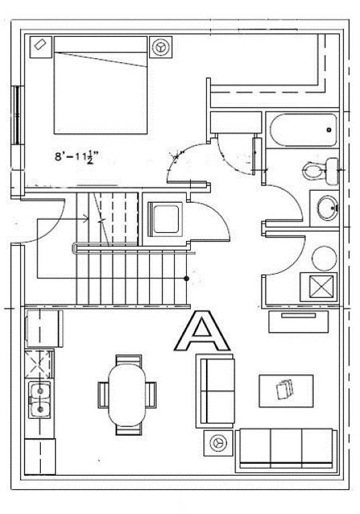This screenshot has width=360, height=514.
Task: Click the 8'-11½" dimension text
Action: click(x=77, y=157)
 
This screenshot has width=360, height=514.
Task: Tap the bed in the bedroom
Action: click(x=100, y=85)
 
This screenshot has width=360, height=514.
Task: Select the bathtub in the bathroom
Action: click(x=304, y=130)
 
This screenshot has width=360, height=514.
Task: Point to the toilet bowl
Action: click(x=312, y=171)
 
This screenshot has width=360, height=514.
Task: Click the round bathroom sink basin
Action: click(x=327, y=208)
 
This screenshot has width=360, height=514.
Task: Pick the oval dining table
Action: click(x=127, y=396)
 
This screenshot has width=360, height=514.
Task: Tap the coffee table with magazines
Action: click(x=286, y=391)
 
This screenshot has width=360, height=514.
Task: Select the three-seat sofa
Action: click(x=286, y=450)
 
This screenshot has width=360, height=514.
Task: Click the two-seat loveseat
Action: click(x=215, y=391)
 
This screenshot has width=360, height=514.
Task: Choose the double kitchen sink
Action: click(x=39, y=400)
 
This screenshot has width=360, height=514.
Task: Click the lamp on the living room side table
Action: click(x=217, y=443)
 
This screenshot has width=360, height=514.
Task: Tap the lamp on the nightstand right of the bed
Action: click(x=161, y=47)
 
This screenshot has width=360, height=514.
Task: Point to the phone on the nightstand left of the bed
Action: click(x=39, y=44)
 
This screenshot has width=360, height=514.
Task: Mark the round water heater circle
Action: click(x=324, y=258)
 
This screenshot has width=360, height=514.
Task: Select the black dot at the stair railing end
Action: click(x=187, y=278)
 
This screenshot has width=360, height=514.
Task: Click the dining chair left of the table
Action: click(x=103, y=395)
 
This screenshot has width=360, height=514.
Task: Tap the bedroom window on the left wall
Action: click(x=16, y=115)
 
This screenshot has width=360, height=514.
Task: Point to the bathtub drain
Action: click(x=329, y=130)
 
